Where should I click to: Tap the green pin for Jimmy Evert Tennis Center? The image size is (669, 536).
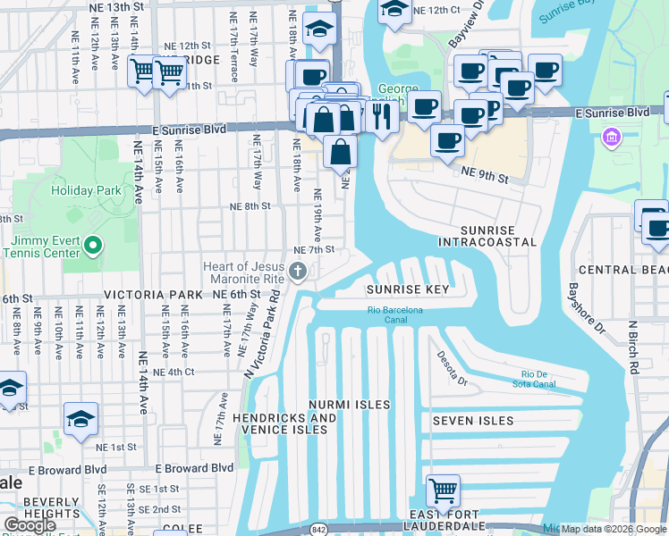91,245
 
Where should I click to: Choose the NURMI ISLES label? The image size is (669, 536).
349,405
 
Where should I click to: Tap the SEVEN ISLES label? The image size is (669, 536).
473,421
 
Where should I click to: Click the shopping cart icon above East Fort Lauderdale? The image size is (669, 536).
443,490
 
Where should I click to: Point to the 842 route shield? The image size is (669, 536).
317,530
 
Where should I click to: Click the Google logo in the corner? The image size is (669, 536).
30,525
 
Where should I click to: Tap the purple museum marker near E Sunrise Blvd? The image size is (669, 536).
612,138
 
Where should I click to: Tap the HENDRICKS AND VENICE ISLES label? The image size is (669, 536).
285,423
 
